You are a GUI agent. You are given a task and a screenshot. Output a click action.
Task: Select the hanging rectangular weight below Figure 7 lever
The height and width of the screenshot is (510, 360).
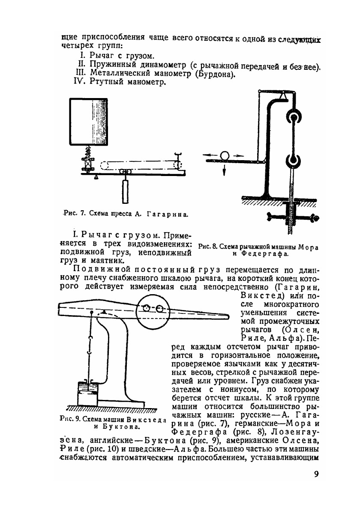[125, 191]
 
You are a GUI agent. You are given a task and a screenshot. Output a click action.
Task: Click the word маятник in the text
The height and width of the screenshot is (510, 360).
[108, 260]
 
